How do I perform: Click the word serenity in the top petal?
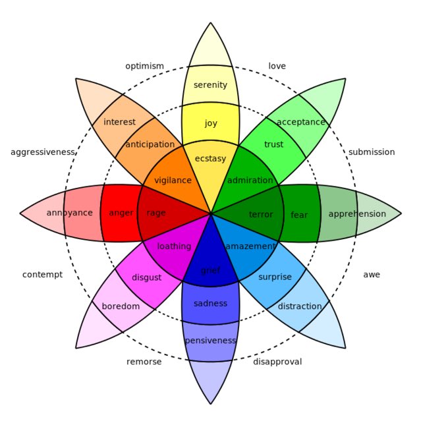pyautogui.click(x=210, y=85)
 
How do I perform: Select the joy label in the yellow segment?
pyautogui.click(x=210, y=123)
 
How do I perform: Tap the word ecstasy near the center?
pyautogui.click(x=210, y=159)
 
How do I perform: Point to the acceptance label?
pyautogui.click(x=301, y=122)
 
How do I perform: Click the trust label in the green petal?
pyautogui.click(x=273, y=144)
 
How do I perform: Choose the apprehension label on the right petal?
pyautogui.click(x=357, y=213)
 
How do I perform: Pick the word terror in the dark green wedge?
pyautogui.click(x=261, y=214)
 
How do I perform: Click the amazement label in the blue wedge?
pyautogui.click(x=250, y=246)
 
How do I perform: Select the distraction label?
pyautogui.click(x=300, y=306)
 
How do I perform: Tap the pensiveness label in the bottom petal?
pyautogui.click(x=210, y=341)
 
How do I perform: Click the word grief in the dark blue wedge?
pyautogui.click(x=210, y=270)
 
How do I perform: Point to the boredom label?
pyautogui.click(x=121, y=306)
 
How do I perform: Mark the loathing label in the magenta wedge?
pyautogui.click(x=174, y=246)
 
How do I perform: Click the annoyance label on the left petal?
pyautogui.click(x=69, y=213)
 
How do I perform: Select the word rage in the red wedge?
pyautogui.click(x=156, y=213)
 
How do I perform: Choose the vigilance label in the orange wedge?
pyautogui.click(x=173, y=181)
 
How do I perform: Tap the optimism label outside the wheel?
pyautogui.click(x=144, y=66)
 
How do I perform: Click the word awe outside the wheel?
pyautogui.click(x=372, y=275)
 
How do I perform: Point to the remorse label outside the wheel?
pyautogui.click(x=144, y=362)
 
